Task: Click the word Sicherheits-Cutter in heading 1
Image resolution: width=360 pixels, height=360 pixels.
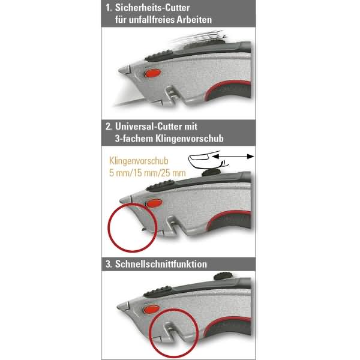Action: [x=152, y=8]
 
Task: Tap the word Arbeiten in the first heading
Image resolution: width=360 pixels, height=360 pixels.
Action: [x=194, y=20]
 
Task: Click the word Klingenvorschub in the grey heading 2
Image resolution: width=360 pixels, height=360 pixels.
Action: [x=190, y=139]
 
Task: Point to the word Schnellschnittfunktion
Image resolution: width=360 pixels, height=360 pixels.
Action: [x=161, y=264]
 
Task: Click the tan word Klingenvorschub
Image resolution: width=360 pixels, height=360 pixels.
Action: [x=139, y=161]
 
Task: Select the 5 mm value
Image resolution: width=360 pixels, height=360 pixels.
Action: [x=119, y=173]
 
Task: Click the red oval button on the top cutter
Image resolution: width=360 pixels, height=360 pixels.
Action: [x=152, y=73]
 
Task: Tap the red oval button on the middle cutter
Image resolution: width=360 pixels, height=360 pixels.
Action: [x=154, y=203]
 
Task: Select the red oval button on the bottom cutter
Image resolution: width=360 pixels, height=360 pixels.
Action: [x=151, y=310]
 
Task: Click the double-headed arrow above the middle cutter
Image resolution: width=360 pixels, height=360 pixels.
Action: [x=233, y=157]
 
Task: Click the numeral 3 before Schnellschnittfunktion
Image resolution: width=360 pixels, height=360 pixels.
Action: [x=108, y=264]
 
